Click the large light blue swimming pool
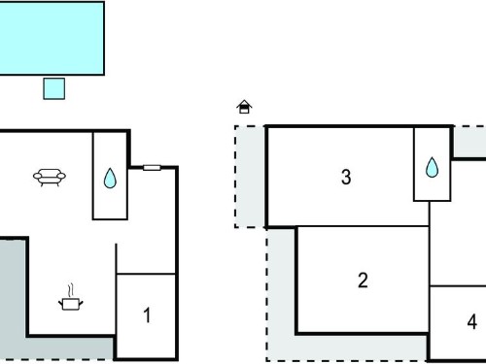click(52, 38)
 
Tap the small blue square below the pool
click(54, 88)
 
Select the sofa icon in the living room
click(50, 178)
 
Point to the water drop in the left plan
click(110, 179)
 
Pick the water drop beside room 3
click(432, 168)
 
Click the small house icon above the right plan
click(244, 107)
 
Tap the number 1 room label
click(147, 315)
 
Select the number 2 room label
click(363, 281)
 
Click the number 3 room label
click(346, 177)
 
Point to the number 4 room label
click(472, 322)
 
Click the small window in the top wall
click(152, 168)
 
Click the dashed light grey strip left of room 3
click(250, 177)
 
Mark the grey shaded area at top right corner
click(469, 142)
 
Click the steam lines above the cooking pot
click(71, 290)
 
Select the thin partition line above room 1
click(146, 274)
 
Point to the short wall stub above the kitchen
click(116, 258)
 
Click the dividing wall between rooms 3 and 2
click(348, 226)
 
